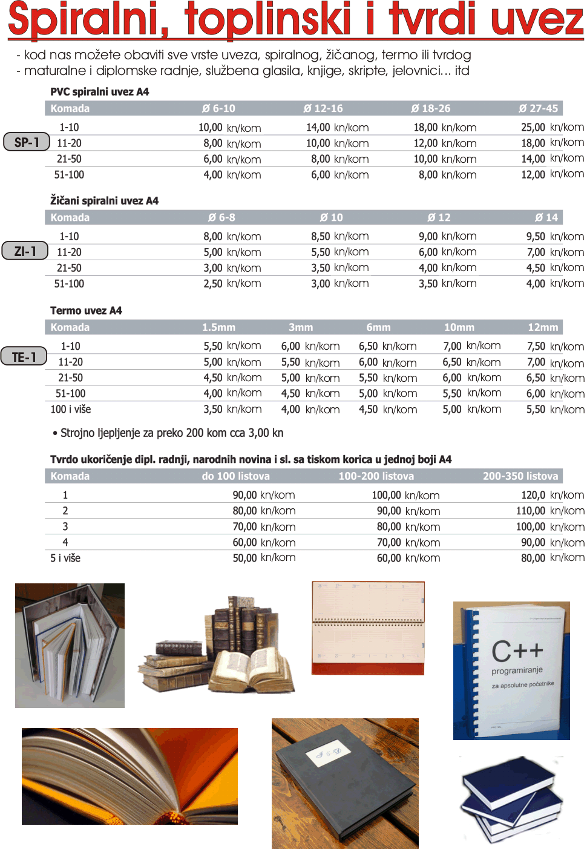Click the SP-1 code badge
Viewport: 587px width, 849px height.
click(x=26, y=142)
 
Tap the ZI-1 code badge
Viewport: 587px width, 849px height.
click(x=25, y=251)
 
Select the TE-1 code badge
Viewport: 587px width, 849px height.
click(x=24, y=357)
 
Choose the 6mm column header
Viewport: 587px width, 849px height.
click(x=378, y=327)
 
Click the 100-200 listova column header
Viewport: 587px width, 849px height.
click(x=376, y=476)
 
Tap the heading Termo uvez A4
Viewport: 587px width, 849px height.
click(x=86, y=310)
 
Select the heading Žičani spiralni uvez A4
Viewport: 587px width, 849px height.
click(x=104, y=200)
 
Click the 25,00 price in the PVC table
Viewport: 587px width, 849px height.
click(x=533, y=127)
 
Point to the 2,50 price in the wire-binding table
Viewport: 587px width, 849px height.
click(x=213, y=283)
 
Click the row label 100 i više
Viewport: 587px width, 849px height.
click(x=70, y=409)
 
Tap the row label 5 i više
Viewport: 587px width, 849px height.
click(x=65, y=558)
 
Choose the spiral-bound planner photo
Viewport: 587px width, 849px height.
click(x=368, y=628)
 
